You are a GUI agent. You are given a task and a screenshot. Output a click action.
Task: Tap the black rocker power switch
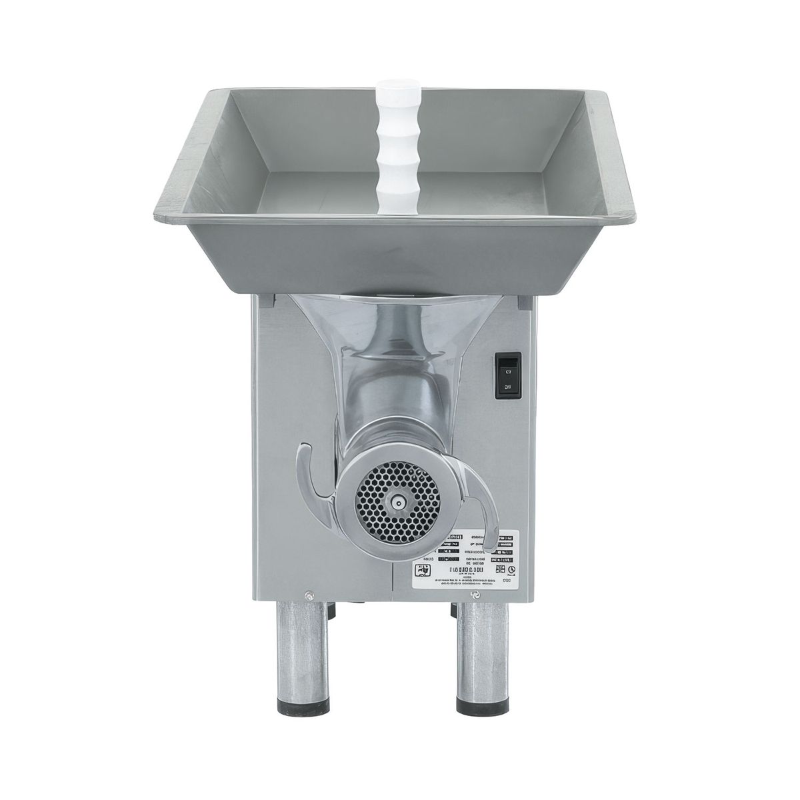click(x=506, y=376)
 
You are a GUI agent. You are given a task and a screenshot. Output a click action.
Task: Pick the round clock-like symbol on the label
click(x=511, y=571)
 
